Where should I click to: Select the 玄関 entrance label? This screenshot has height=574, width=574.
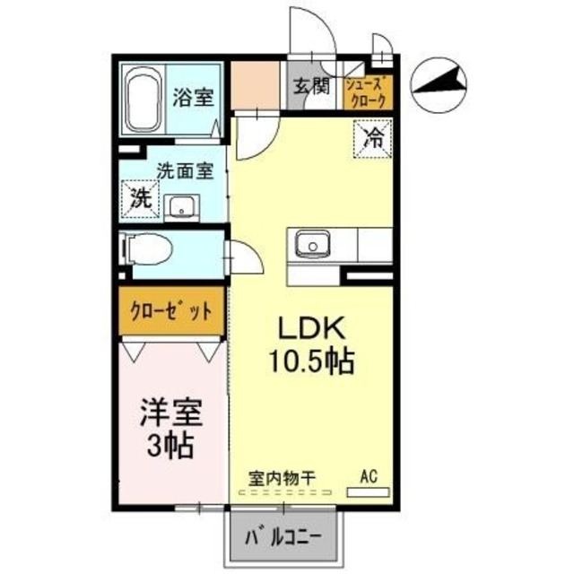[310, 86]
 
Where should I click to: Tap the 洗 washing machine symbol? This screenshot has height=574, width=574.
[140, 196]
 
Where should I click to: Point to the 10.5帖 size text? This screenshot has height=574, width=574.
[310, 362]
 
